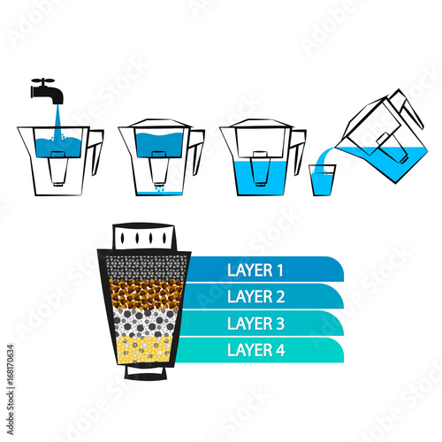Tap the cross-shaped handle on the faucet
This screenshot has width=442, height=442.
click(x=43, y=80)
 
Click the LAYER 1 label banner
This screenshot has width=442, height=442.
click(x=265, y=270)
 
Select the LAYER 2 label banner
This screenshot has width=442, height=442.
click(x=263, y=296)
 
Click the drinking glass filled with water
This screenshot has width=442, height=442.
click(x=323, y=180)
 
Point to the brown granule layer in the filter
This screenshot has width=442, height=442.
click(x=146, y=294)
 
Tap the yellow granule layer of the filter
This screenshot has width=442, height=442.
click(x=144, y=349)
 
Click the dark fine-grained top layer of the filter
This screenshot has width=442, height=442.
click(x=148, y=268)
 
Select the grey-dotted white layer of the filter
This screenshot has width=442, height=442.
click(x=145, y=324)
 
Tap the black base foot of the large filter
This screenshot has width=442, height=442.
click(x=146, y=373)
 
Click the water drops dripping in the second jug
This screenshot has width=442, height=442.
click(x=159, y=188)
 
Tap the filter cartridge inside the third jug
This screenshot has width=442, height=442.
click(x=260, y=169)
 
